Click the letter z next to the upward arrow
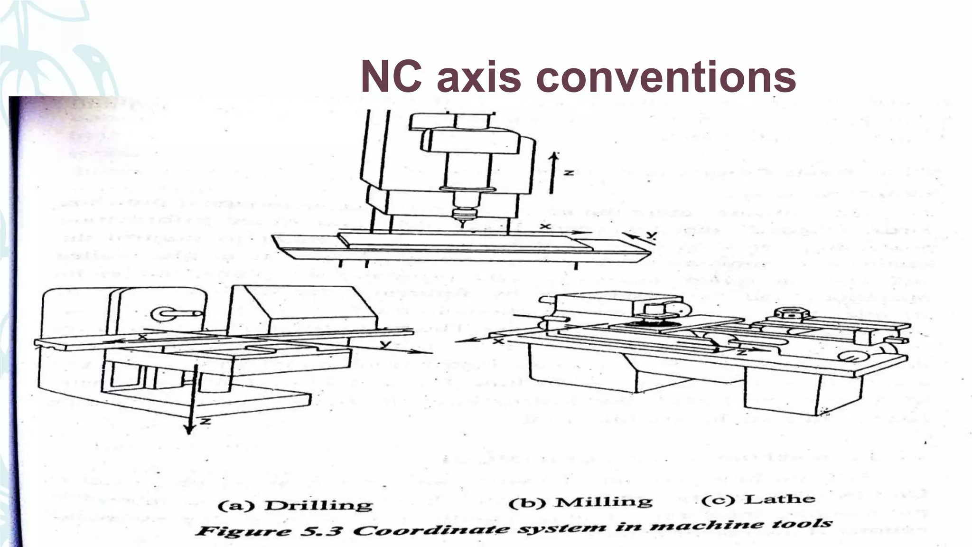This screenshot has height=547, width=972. (567, 172)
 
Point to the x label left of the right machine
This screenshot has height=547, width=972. (498, 341)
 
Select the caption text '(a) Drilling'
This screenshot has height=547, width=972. (295, 505)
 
